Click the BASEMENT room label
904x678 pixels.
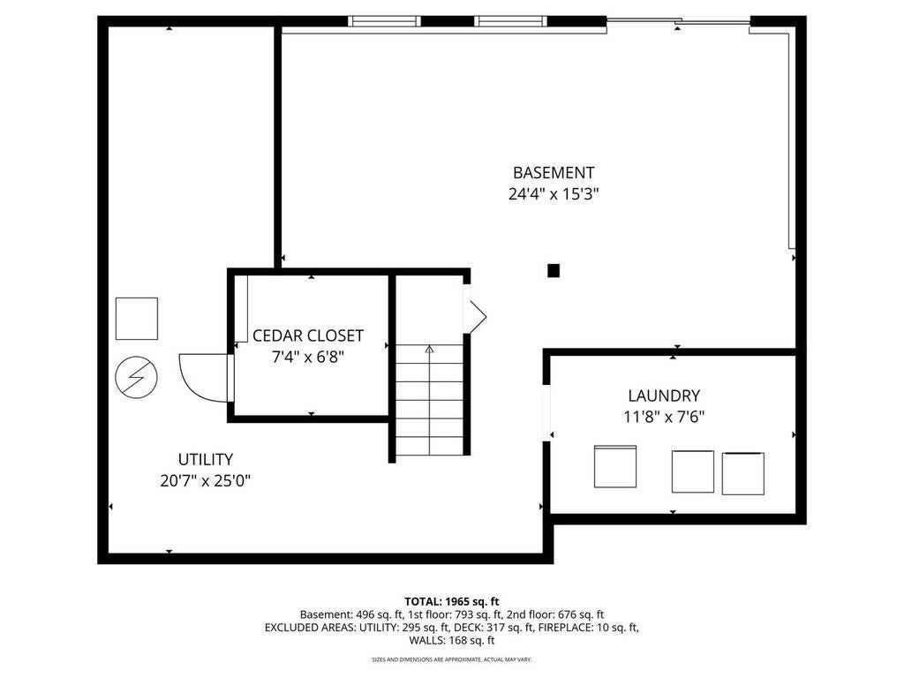[x=553, y=172]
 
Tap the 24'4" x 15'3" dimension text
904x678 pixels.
[x=554, y=193]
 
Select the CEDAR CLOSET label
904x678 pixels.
[x=308, y=335]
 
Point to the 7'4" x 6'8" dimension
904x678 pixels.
[x=308, y=357]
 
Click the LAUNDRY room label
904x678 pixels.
[x=664, y=395]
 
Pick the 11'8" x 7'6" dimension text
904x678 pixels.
[x=664, y=417]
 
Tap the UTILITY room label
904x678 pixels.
[x=205, y=459]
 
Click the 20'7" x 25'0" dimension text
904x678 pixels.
[x=205, y=480]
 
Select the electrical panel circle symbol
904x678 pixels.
[x=137, y=378]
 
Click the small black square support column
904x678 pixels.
[x=554, y=270]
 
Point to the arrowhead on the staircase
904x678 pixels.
[x=429, y=349]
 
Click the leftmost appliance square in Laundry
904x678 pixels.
[x=615, y=466]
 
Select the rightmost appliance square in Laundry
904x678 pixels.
[x=743, y=473]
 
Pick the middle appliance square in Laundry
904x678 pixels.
[x=692, y=471]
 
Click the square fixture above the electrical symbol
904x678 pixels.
[x=137, y=319]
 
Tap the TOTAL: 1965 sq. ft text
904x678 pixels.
[x=451, y=602]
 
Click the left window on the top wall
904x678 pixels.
[x=384, y=21]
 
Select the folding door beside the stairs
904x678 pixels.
[x=475, y=316]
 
